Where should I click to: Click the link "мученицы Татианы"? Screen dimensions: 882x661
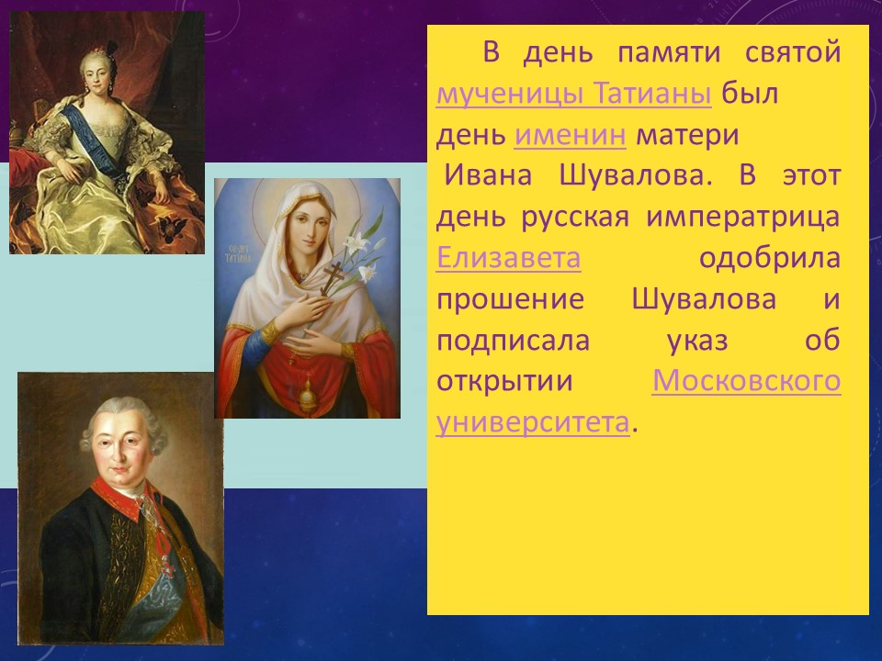[x=573, y=93]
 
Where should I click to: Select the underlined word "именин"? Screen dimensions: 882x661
[x=570, y=135]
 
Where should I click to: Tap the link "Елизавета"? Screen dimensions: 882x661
[x=508, y=257]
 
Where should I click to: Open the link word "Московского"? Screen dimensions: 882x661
[x=746, y=380]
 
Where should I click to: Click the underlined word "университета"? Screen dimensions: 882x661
[x=533, y=422]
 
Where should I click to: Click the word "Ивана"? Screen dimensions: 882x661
[x=488, y=175]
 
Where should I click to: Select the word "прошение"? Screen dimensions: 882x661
[x=510, y=299]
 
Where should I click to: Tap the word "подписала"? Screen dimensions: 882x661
[x=513, y=341]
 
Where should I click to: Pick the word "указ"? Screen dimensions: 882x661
[x=697, y=341]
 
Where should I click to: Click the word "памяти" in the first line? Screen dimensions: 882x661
[x=669, y=53]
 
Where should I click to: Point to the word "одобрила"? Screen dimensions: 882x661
[x=770, y=259]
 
